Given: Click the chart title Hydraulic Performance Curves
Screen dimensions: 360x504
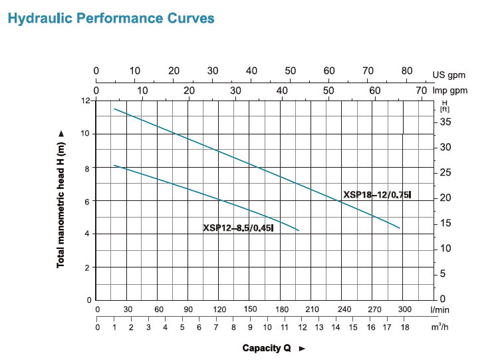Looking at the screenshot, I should (110, 18).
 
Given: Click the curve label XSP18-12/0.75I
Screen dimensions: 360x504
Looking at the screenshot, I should (377, 195).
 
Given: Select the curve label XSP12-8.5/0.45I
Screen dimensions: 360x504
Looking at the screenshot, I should (238, 228).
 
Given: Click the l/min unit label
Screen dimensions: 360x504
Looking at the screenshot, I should (440, 309).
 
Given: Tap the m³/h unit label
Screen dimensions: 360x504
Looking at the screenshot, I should (439, 327).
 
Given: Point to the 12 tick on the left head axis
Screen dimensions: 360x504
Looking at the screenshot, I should (85, 100).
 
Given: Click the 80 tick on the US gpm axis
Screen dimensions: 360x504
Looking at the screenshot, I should (407, 71).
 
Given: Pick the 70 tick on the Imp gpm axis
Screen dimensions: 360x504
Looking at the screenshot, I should (421, 90).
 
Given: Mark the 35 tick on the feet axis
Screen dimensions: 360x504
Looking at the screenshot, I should (445, 122).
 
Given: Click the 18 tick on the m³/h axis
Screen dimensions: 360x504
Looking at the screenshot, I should (405, 327).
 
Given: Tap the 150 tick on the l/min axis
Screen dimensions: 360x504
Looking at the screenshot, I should (250, 309).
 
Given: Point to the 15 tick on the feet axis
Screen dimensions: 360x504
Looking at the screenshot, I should (445, 223).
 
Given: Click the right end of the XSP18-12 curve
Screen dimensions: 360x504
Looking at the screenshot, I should (400, 228).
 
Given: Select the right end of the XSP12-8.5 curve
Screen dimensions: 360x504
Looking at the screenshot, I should (299, 230).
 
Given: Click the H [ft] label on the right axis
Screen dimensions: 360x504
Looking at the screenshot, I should (445, 106).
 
